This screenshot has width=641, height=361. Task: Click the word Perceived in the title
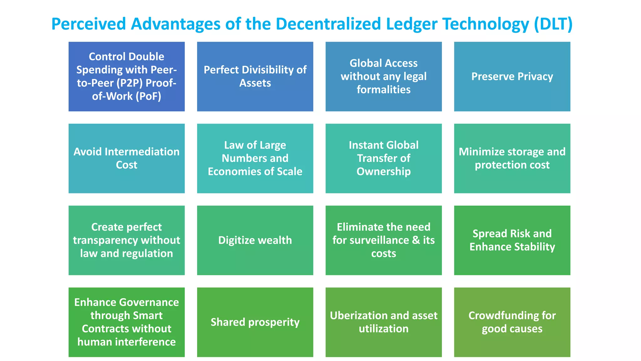click(x=89, y=24)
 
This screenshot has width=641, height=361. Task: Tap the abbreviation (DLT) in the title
click(x=553, y=24)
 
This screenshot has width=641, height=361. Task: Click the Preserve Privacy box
click(x=512, y=76)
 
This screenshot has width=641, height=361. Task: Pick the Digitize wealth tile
click(x=255, y=240)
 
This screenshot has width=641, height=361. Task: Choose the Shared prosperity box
click(x=255, y=322)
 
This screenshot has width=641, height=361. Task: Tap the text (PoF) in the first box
click(x=148, y=96)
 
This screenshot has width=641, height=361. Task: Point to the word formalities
click(x=383, y=90)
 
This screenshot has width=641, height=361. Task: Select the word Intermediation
click(x=142, y=152)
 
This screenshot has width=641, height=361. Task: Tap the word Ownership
click(x=383, y=171)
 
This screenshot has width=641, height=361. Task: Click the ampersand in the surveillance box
click(x=416, y=240)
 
